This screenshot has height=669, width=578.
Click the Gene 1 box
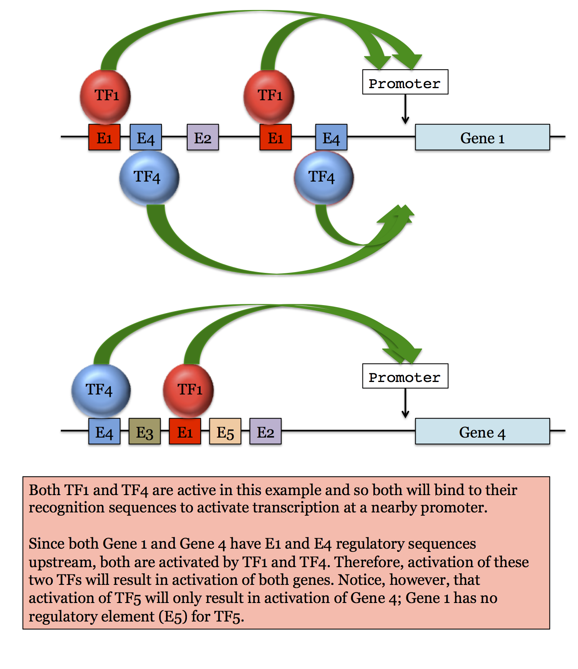point(482,138)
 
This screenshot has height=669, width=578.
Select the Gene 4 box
point(482,432)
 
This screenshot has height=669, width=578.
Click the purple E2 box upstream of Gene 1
point(203,138)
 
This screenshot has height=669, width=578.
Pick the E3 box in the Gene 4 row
point(145,432)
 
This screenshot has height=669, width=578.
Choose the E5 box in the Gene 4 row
point(225,432)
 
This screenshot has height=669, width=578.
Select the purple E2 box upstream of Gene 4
point(265,432)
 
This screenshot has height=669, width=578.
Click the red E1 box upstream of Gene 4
point(185,432)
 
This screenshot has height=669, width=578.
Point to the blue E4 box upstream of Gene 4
point(104,432)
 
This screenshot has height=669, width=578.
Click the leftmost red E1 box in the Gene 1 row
point(104,138)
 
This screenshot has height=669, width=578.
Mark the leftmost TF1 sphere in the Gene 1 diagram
point(106,96)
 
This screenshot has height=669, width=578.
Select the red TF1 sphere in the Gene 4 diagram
point(189,390)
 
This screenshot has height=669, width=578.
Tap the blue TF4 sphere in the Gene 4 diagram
point(101,390)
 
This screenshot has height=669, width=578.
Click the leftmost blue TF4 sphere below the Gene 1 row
point(149,177)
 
